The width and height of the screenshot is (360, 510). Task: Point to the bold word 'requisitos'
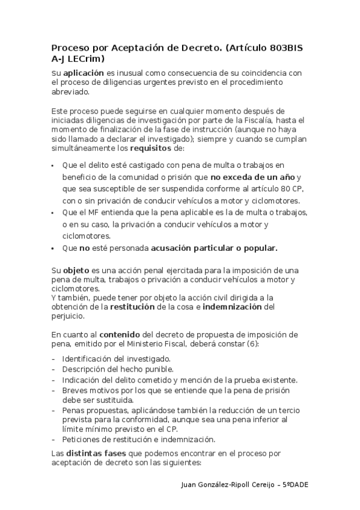pos(151,148)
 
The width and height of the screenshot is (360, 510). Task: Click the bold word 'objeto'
pos(76,271)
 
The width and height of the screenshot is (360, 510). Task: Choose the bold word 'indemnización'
pos(232,307)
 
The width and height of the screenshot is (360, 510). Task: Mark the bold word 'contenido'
pos(119,334)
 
